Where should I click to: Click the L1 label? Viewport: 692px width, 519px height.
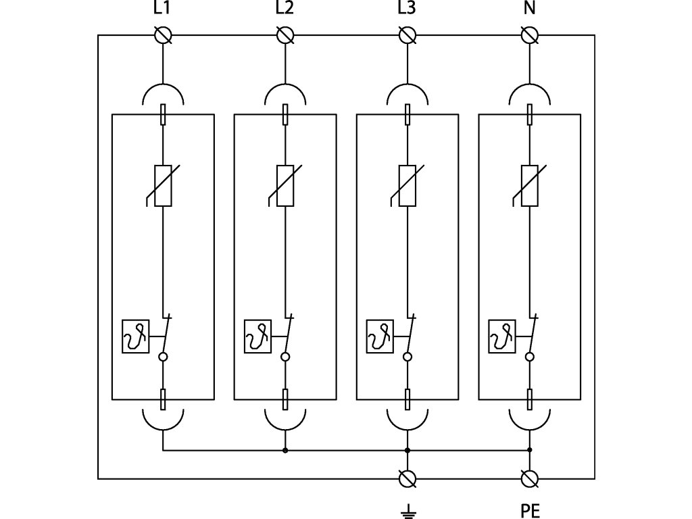click(x=162, y=7)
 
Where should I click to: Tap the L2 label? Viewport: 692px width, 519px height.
click(x=285, y=7)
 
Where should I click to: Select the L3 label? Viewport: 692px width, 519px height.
click(x=406, y=7)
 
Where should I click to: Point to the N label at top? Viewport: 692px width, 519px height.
click(x=529, y=7)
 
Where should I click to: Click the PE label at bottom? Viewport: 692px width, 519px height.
click(x=530, y=511)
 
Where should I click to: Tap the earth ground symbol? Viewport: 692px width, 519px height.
click(x=407, y=511)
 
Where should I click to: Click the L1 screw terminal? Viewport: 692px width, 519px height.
click(x=164, y=35)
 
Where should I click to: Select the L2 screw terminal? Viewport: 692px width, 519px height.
click(x=285, y=35)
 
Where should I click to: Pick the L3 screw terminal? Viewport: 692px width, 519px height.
click(x=407, y=35)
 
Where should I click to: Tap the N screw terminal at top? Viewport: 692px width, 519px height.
click(x=530, y=35)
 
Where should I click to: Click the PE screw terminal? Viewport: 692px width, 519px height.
click(x=530, y=479)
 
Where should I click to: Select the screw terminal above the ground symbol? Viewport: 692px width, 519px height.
click(x=407, y=479)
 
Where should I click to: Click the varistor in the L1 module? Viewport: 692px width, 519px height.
click(x=162, y=186)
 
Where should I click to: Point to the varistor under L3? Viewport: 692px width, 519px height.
click(x=406, y=186)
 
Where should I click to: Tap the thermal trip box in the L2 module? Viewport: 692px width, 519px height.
click(x=258, y=337)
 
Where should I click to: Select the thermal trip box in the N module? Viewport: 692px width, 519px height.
click(x=502, y=337)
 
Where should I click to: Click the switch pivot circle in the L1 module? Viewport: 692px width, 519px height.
click(x=164, y=357)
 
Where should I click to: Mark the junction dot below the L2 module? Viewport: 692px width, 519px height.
click(x=285, y=450)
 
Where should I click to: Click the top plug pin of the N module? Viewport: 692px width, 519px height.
click(x=530, y=114)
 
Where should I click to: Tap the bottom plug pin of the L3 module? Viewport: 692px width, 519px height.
click(x=407, y=400)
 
